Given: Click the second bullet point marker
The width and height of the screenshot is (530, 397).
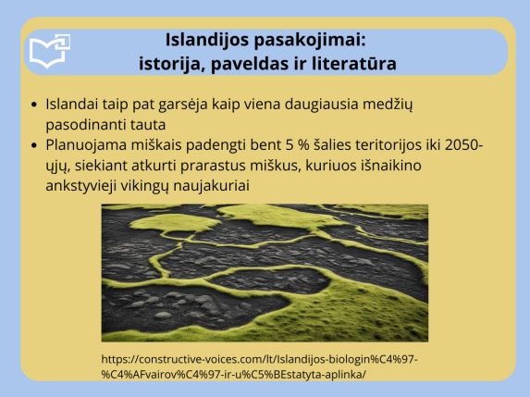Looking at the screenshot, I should pyautogui.click(x=34, y=144).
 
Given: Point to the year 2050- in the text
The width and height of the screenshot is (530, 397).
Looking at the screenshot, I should pyautogui.click(x=463, y=144).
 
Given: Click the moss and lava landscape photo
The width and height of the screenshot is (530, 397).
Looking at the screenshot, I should pyautogui.click(x=265, y=273).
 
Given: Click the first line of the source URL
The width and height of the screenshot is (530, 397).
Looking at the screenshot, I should pyautogui.click(x=266, y=358).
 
